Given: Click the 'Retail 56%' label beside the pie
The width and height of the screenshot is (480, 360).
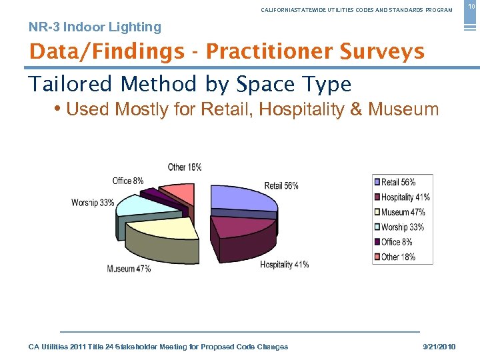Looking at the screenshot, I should click(281, 186).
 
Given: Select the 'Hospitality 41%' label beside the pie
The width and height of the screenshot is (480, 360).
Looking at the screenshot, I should click(284, 265).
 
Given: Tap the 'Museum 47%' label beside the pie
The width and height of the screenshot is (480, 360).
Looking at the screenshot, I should click(129, 269).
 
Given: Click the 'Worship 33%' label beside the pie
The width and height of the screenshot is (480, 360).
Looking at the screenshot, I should click(93, 203).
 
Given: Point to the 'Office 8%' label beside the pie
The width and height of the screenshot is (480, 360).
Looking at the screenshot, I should click(128, 181).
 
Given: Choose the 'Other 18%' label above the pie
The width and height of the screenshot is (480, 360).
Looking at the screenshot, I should click(185, 167).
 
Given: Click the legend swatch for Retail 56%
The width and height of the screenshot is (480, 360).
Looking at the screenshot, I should click(377, 182).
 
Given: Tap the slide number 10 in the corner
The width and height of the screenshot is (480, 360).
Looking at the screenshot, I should click(471, 6).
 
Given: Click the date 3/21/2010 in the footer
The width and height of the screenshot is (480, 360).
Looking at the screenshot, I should click(439, 347).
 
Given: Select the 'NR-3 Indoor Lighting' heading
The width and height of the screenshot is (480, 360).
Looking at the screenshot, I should click(95, 27).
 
